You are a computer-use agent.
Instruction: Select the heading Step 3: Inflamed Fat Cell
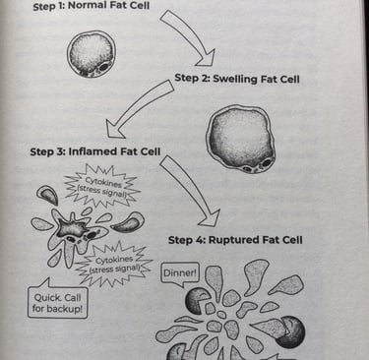(x=95, y=152)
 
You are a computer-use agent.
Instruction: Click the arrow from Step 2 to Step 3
(x=143, y=106)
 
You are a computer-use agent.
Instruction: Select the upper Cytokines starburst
(x=97, y=186)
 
